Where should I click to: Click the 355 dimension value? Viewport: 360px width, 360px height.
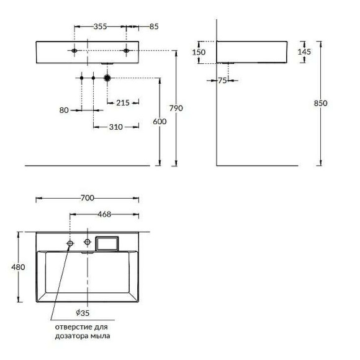point(101,27)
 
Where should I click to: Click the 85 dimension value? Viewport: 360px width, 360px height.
point(154,27)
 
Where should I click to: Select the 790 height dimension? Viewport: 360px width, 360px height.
point(176,108)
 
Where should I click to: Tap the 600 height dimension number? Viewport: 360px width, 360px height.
point(160,121)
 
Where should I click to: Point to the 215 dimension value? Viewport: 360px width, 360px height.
point(123,102)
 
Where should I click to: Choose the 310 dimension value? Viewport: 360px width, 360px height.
point(115,127)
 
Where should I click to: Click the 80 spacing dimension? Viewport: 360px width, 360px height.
point(64,110)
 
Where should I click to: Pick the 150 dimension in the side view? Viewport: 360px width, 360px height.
point(199,52)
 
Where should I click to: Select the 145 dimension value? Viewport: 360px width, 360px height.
point(304,52)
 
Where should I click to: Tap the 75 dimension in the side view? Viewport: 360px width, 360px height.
point(222,81)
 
